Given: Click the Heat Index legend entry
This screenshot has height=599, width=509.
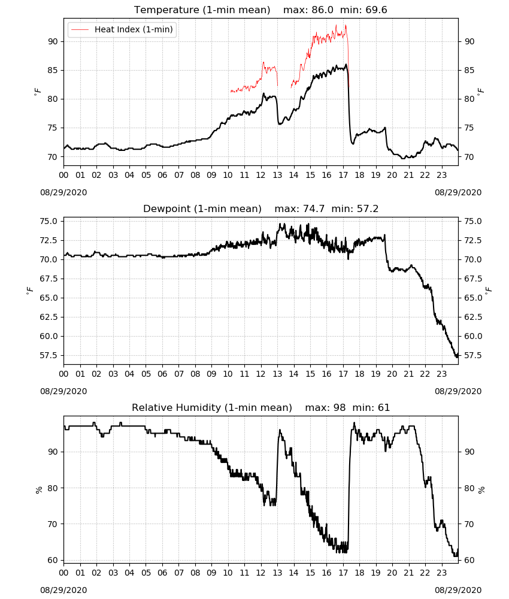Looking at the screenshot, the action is tap(122, 29).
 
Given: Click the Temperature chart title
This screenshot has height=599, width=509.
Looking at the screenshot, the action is tap(202, 10).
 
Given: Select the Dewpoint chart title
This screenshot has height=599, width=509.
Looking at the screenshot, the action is tap(202, 209).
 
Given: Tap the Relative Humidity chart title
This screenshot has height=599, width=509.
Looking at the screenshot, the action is tap(212, 407).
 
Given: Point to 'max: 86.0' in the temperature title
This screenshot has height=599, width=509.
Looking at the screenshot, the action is tap(308, 10).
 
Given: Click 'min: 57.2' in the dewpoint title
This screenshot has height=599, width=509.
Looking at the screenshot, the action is tap(355, 209).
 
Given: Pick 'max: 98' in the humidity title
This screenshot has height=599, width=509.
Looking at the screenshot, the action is tap(325, 407).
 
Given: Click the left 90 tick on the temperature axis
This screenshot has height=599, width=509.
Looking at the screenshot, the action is tap(53, 42).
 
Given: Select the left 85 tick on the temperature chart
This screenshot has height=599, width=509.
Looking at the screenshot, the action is tap(53, 70).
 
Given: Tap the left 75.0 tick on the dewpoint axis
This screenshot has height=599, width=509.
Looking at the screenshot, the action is tap(49, 221).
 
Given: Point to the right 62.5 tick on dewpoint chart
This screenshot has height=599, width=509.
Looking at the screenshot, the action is tap(473, 317).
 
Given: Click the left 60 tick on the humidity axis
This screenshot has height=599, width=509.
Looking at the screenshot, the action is tap(53, 561).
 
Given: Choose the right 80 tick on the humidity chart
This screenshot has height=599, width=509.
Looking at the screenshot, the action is tap(469, 488).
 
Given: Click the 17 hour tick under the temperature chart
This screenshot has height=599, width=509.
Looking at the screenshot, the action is tap(343, 176).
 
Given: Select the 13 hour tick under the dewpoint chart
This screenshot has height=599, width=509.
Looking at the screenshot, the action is tap(277, 374).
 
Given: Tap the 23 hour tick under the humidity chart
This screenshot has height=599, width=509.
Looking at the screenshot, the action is tap(441, 573).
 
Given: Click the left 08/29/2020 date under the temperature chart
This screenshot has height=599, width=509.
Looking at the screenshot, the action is tap(63, 192).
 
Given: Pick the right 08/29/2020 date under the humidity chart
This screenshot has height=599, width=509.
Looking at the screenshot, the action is tap(458, 590).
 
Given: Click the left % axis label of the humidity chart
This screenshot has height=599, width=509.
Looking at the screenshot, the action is tap(38, 490).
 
